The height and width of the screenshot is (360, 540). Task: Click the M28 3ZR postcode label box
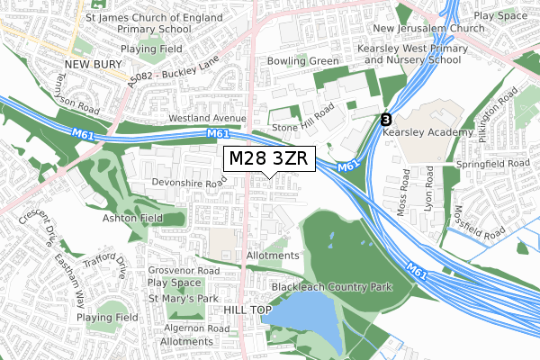(270, 158)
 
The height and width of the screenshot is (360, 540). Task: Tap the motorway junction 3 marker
(386, 119)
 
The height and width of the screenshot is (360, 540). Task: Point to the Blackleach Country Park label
(331, 288)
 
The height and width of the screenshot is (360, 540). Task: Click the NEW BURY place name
(93, 64)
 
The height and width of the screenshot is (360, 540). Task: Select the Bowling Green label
(302, 61)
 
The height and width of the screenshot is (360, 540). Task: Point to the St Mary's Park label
(184, 298)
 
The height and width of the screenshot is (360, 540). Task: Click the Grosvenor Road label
(184, 270)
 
